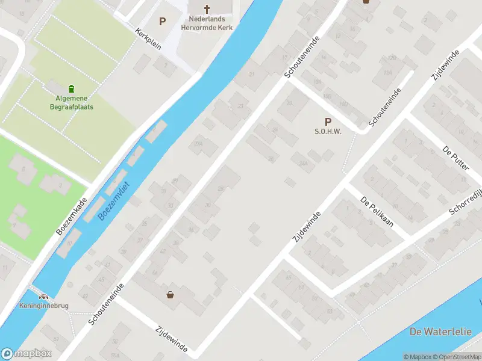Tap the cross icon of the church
click(x=207, y=9)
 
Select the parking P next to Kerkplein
click(x=162, y=22)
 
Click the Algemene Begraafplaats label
click(x=72, y=103)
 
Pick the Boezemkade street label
click(x=72, y=216)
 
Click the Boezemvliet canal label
click(x=115, y=202)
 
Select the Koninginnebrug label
click(x=43, y=306)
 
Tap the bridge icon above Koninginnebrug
click(x=43, y=296)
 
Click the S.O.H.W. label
click(x=328, y=132)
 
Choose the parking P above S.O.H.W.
click(x=328, y=121)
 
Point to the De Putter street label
click(x=455, y=158)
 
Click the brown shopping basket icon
click(x=171, y=295)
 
